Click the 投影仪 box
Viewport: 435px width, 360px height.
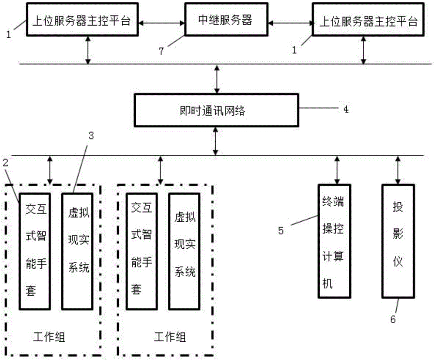398,241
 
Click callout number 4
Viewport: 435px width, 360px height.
345,109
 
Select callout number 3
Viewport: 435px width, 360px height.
91,135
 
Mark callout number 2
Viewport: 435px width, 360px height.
5,163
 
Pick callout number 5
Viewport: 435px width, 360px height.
281,230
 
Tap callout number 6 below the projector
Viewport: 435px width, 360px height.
392,320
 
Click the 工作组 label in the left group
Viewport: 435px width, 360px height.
50,336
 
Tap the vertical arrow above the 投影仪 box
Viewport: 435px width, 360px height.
397,169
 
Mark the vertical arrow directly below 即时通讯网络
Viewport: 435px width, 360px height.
216,141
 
